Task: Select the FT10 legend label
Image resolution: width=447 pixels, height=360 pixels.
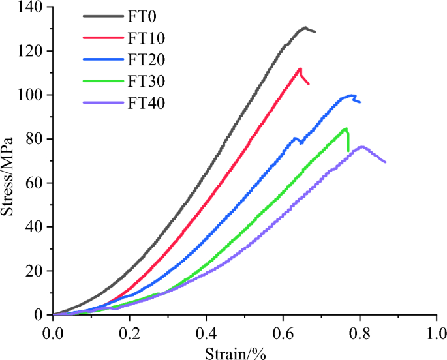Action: point(147,37)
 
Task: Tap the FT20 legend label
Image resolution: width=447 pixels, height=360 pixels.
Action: point(147,59)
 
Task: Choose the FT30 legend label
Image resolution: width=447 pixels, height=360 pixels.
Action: point(147,81)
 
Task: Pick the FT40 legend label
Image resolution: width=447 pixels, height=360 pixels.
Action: point(147,102)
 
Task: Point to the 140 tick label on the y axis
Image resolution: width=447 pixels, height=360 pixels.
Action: point(31,7)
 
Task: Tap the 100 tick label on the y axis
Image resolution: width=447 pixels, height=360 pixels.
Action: point(31,95)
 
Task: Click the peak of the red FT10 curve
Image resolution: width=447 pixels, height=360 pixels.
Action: point(300,68)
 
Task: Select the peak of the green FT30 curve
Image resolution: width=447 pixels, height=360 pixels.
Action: point(346,128)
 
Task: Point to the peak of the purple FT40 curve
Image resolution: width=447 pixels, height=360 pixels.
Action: point(361,147)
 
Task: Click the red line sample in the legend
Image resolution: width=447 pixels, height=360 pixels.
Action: point(104,37)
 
